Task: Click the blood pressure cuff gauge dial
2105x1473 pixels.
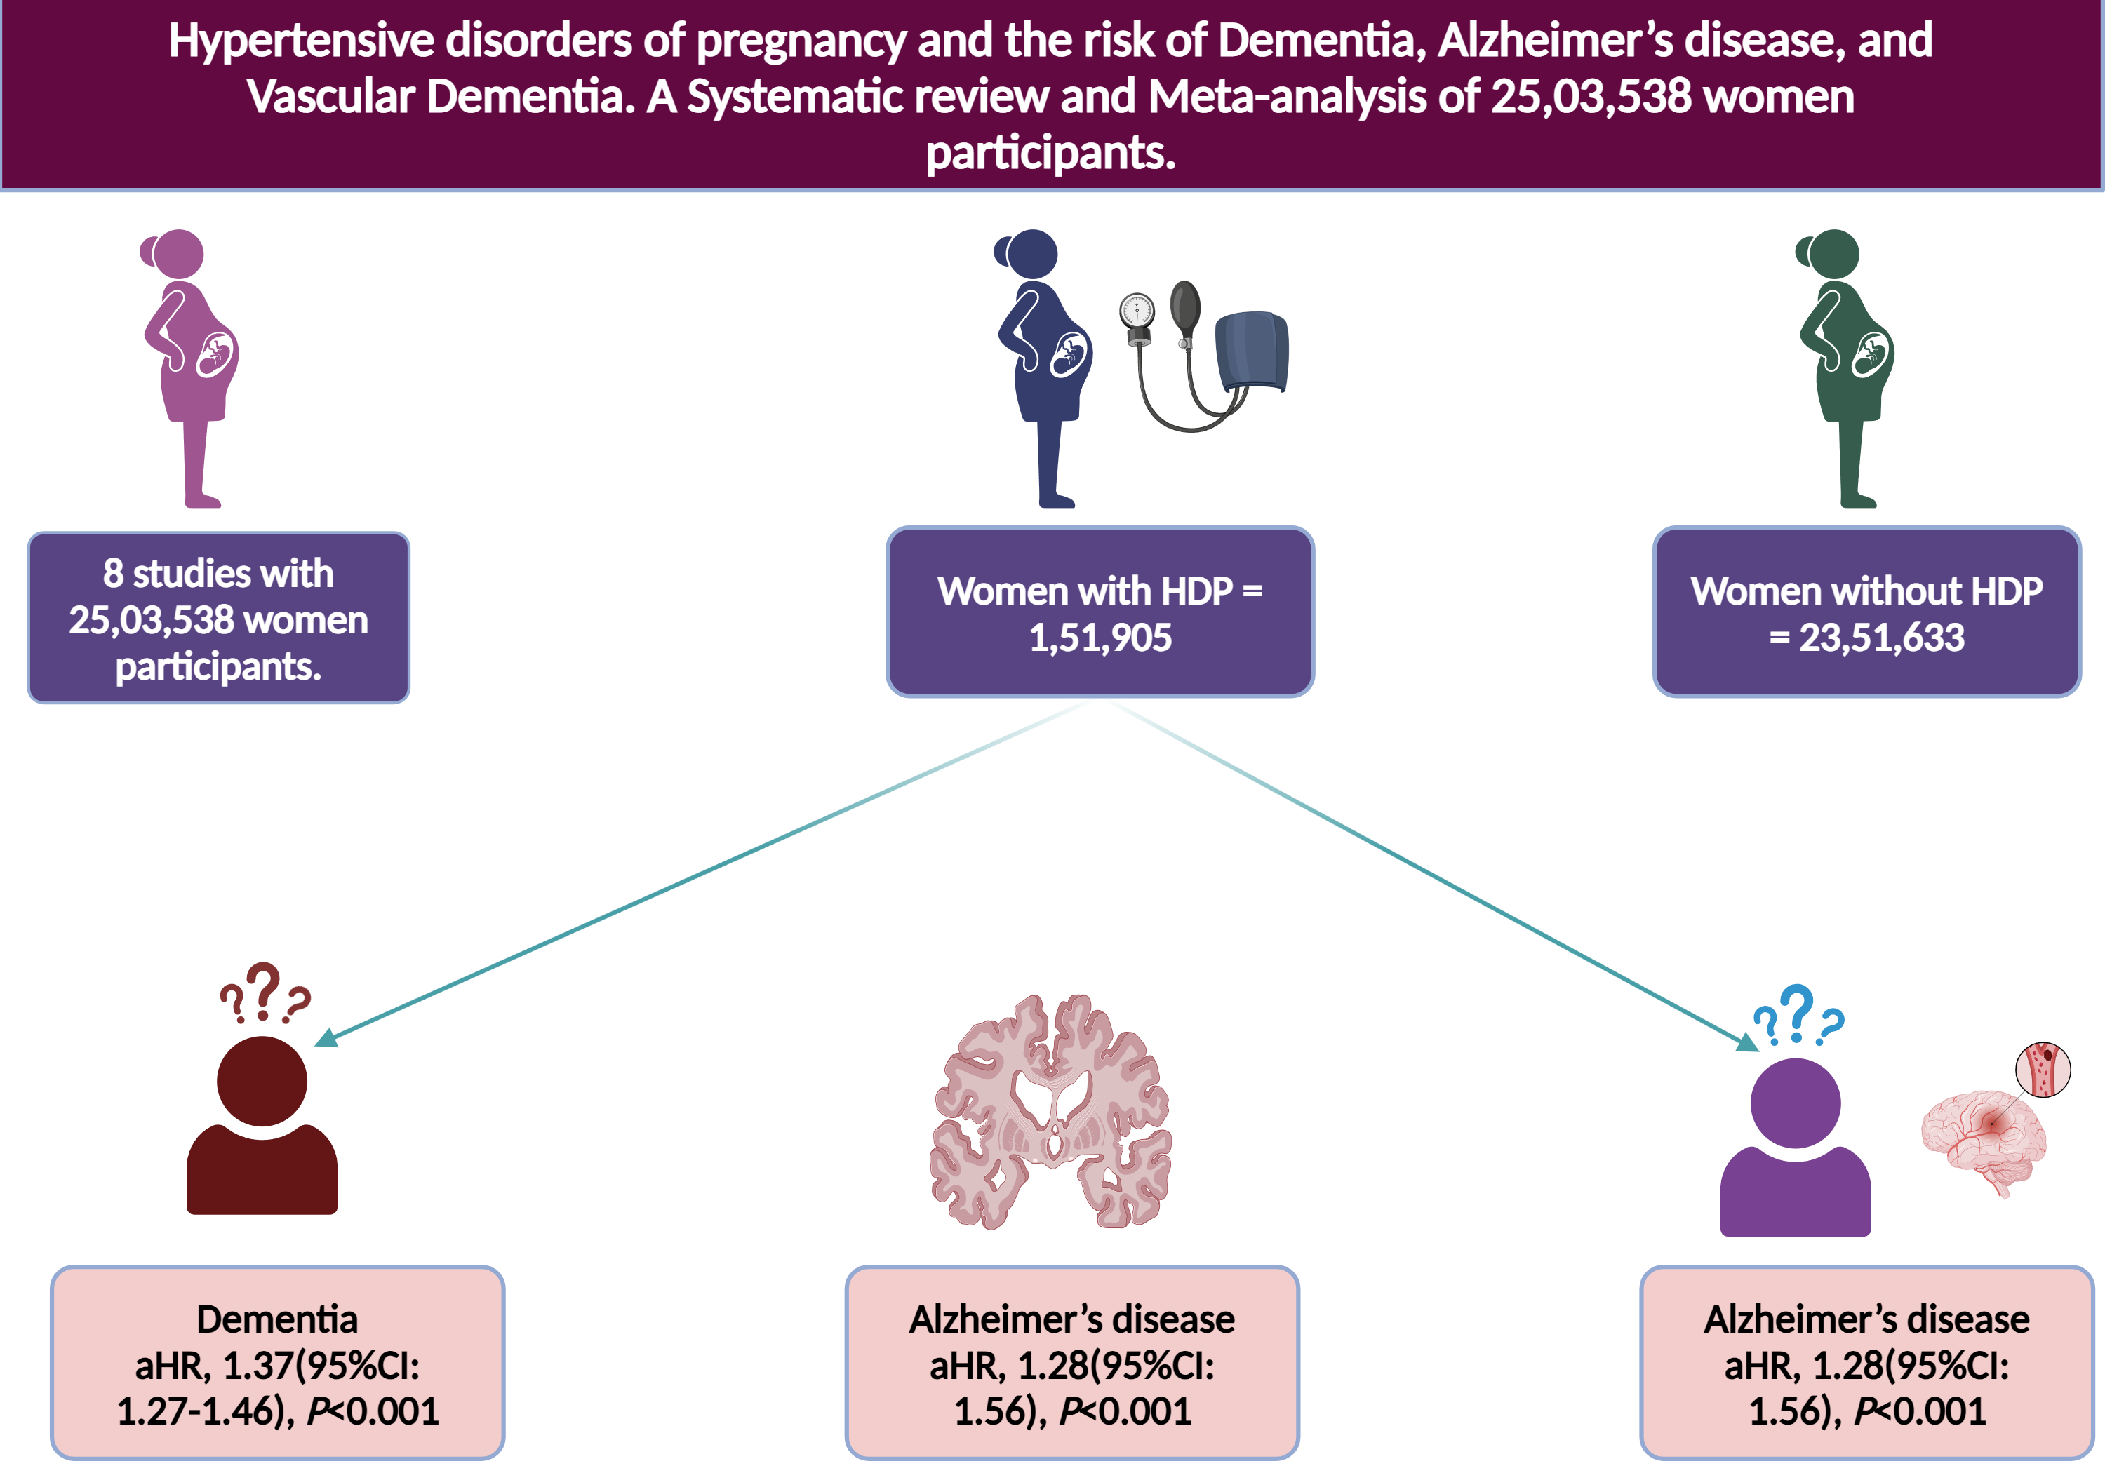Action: (1137, 310)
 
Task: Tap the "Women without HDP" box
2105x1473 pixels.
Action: (1866, 612)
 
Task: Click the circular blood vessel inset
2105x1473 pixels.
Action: (2043, 1069)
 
